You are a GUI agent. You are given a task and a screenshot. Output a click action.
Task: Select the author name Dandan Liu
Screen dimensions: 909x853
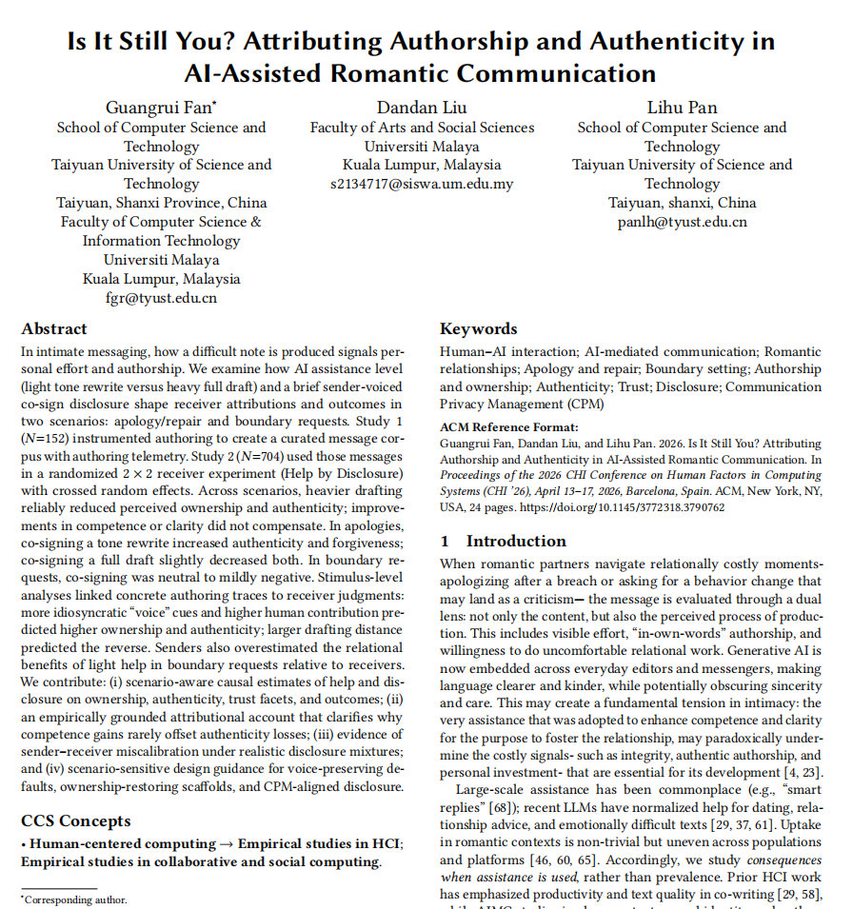(422, 107)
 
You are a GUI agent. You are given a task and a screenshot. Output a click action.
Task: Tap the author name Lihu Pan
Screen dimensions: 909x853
(682, 107)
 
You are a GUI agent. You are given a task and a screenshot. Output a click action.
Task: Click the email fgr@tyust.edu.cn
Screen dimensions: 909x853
(161, 298)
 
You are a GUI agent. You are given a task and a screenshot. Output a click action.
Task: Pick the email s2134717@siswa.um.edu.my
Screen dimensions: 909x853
(422, 184)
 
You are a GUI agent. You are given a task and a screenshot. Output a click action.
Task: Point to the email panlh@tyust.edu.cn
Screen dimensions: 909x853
(682, 222)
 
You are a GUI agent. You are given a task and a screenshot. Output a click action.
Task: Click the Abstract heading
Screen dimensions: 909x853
(54, 329)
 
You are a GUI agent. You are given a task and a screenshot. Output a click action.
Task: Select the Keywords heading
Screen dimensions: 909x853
(479, 329)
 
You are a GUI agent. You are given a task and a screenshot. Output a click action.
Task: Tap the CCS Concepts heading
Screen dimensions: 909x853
(76, 821)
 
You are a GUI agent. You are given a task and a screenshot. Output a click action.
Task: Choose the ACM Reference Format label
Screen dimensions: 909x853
(508, 427)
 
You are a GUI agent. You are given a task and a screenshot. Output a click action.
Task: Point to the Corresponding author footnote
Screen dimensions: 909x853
(75, 899)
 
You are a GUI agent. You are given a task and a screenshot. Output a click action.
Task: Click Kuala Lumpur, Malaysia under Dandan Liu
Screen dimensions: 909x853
(422, 165)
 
